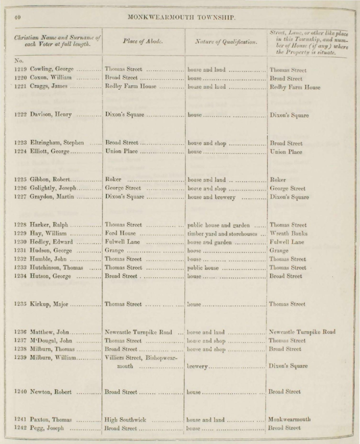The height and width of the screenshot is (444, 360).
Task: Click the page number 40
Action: tap(17, 17)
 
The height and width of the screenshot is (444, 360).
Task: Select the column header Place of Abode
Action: tap(143, 41)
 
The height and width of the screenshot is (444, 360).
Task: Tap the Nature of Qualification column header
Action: tap(226, 42)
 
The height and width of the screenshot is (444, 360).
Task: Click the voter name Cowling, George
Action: tap(52, 70)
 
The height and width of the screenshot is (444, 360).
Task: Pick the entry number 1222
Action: tap(21, 115)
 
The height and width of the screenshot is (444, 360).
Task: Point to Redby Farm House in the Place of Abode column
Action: tap(130, 86)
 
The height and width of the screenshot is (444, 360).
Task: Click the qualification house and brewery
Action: tap(211, 198)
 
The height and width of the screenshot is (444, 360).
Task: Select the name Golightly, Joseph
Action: tap(53, 189)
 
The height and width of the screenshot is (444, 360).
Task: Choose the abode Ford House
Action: tap(119, 234)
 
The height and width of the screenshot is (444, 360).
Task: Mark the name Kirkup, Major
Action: tap(49, 304)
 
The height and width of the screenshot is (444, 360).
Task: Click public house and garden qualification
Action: tap(219, 225)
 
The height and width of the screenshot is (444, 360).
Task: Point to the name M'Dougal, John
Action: tap(51, 341)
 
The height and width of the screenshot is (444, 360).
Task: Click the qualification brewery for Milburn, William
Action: tap(197, 366)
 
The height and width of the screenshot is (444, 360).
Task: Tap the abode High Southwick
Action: tap(125, 419)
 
